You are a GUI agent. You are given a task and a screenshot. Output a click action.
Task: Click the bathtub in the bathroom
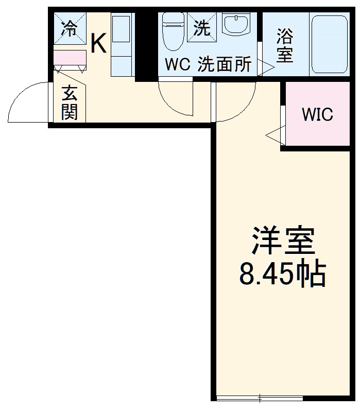pyautogui.click(x=330, y=44)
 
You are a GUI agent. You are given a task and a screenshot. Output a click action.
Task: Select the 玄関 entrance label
pyautogui.click(x=70, y=102)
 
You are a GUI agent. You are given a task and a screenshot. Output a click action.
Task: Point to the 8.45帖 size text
pyautogui.click(x=282, y=274)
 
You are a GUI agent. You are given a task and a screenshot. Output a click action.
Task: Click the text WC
pyautogui.click(x=177, y=65)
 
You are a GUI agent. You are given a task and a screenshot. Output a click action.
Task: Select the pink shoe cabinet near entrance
pyautogui.click(x=69, y=58)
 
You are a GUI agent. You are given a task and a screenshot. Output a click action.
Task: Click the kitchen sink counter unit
pyautogui.click(x=122, y=45)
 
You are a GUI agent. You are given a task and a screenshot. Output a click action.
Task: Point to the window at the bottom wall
pyautogui.click(x=259, y=398)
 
